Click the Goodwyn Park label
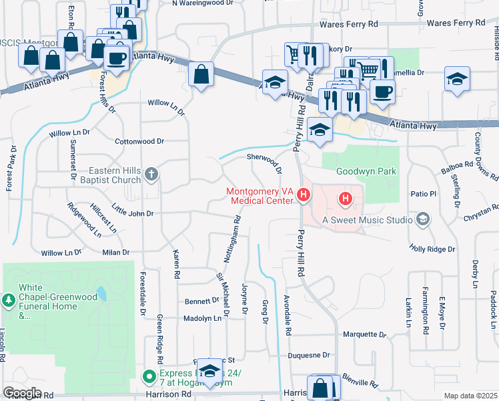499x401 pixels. point(366,171)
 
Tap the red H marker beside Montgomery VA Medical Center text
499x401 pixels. point(304,195)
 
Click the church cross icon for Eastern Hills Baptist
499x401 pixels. point(151,175)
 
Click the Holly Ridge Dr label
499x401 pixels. point(432,249)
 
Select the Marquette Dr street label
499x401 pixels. point(364,333)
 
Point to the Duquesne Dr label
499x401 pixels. point(309,356)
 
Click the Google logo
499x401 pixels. point(22,392)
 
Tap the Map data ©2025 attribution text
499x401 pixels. point(470,396)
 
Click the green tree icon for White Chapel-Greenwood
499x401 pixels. point(9,301)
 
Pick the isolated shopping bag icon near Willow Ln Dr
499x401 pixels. point(201,74)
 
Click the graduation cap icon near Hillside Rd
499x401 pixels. point(457,78)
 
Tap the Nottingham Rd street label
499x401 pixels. point(237,230)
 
